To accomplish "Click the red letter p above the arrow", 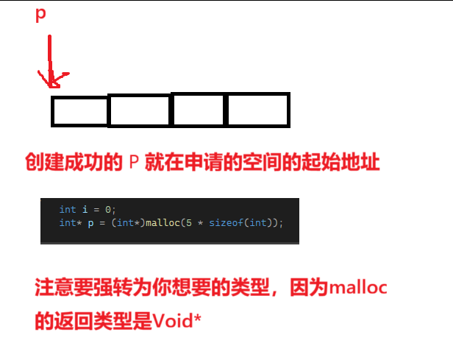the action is tap(41, 16).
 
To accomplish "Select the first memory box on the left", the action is tap(79, 111).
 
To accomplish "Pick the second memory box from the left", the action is tap(140, 111).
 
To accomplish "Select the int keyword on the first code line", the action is tap(68, 210).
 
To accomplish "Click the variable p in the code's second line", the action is tap(90, 223).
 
